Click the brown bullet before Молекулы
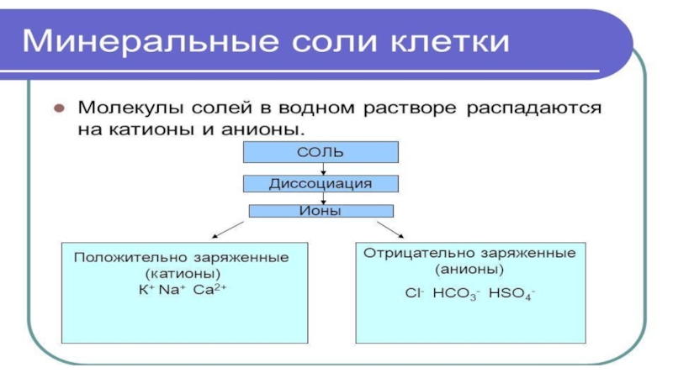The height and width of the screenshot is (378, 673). [59, 109]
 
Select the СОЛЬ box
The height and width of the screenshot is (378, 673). [321, 152]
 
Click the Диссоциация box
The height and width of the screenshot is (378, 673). [320, 182]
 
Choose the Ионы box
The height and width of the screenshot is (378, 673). [321, 212]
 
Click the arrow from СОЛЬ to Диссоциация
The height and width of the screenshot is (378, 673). [323, 169]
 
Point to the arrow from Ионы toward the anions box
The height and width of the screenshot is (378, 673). [389, 229]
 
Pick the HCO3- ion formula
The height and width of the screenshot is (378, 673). [455, 295]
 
